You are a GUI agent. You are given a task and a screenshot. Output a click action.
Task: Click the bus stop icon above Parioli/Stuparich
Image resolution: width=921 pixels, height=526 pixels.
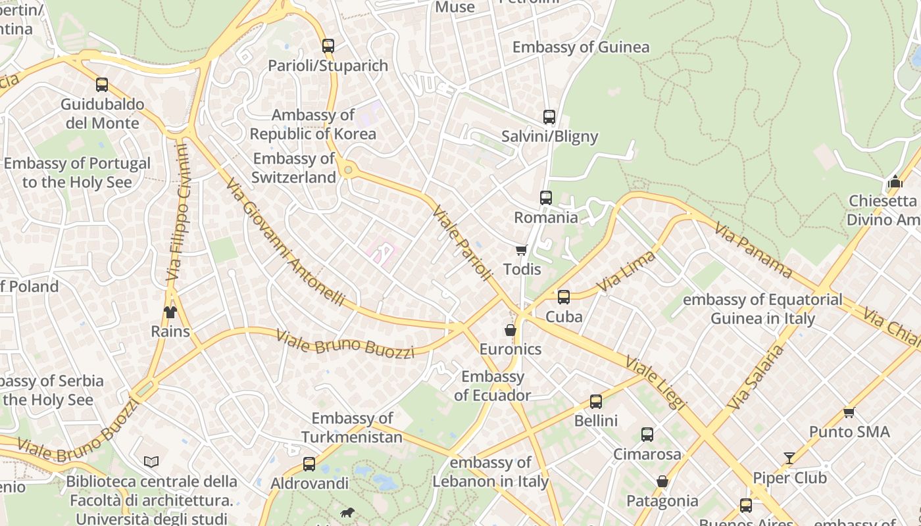pos(328,46)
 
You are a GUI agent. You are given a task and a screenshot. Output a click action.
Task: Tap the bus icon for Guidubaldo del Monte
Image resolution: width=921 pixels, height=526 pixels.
pos(102,85)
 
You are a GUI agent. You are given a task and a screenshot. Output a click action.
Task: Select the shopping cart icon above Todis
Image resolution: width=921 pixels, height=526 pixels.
pos(522,250)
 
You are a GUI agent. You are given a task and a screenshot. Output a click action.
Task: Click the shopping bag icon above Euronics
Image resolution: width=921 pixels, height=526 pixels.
pos(510,330)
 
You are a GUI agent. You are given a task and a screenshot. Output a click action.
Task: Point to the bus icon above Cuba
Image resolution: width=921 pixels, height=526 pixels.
pos(564,297)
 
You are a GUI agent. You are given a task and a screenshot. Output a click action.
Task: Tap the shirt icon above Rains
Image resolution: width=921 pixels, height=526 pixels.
pos(170,312)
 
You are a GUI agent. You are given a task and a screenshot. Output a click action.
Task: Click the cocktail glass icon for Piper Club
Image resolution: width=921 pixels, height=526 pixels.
pos(789,458)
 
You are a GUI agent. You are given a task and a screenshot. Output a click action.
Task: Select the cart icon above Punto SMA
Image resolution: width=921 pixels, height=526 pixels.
pos(849,412)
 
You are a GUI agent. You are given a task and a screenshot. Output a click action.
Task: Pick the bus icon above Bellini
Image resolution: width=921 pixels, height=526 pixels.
pos(596,401)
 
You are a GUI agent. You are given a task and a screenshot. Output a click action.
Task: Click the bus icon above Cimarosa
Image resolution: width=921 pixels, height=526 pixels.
pos(647,435)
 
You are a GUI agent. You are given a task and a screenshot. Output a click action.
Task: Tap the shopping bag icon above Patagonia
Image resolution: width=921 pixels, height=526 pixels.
pos(662,481)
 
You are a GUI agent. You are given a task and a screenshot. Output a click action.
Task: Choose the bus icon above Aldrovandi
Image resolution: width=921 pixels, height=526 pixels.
pos(309,464)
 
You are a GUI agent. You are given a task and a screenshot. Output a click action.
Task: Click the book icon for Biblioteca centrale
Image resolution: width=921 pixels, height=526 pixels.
pos(151,462)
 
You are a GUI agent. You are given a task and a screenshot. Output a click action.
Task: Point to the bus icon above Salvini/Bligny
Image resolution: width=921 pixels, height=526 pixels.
pos(549,117)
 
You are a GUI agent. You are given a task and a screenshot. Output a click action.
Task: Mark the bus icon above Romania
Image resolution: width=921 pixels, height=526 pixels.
pos(546,198)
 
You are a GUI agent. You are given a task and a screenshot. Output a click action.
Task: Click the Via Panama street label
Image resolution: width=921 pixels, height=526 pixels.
pos(753,250)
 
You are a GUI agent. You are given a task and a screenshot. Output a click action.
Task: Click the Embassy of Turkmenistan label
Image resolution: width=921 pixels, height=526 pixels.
pos(352,427)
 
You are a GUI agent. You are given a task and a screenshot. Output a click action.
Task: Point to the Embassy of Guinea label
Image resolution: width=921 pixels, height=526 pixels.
pos(581,47)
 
